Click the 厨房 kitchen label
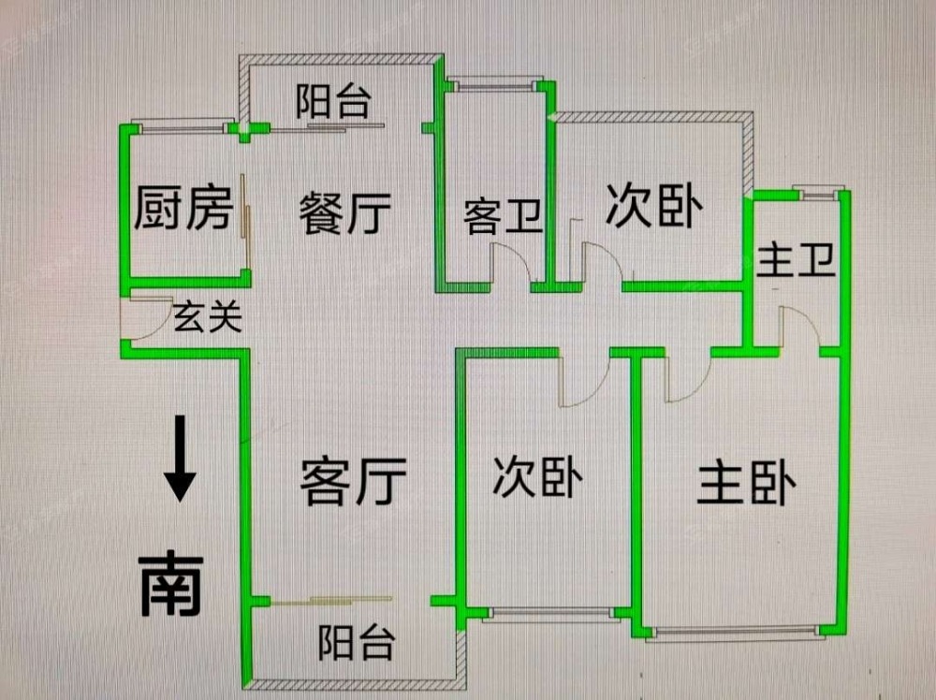coord(183,208)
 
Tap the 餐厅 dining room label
coord(344,213)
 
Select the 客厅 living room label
coord(353,481)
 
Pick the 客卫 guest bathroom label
coord(504,217)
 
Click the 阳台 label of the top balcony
coord(333,101)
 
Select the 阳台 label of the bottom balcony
coord(356,644)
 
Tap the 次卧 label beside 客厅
coord(538,478)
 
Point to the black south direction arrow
coord(180,459)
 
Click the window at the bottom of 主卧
coord(737,634)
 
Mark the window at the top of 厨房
coord(183,123)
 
